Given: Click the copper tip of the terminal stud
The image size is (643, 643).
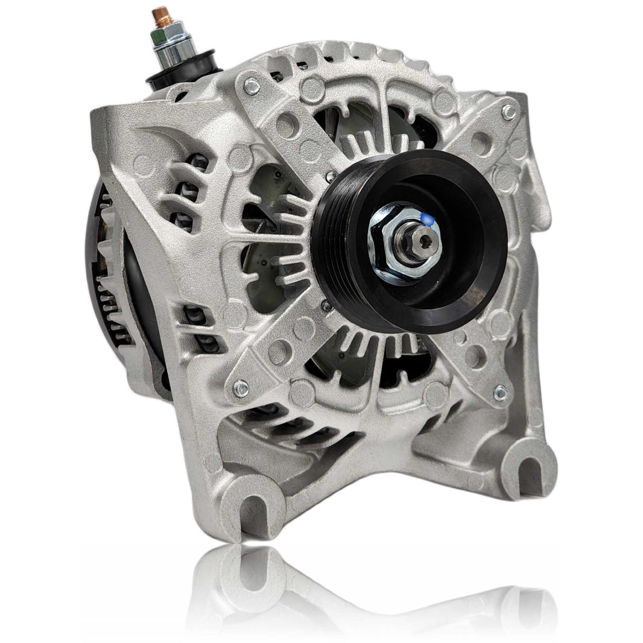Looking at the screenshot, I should point(160,14).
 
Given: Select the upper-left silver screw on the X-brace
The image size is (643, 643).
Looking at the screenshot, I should point(252,86).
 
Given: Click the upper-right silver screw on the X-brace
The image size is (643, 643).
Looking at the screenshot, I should point(508,112).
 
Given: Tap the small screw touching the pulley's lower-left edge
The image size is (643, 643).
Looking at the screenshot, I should point(326,306).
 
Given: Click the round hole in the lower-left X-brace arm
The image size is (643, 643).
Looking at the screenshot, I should point(279,350).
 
